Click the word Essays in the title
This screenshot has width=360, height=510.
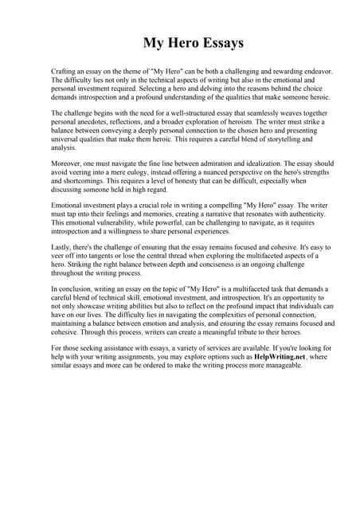click(x=215, y=41)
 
